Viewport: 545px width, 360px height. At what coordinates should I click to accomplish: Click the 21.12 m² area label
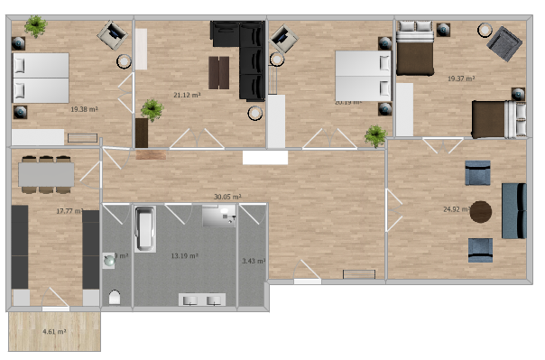[x=187, y=94]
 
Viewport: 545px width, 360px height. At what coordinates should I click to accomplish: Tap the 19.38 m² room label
[x=84, y=109]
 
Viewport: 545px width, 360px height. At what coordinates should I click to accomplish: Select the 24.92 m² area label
[x=457, y=209]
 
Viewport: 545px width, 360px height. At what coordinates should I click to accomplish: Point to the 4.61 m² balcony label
[x=55, y=332]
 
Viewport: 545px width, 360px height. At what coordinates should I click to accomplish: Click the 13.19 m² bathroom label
[x=185, y=256]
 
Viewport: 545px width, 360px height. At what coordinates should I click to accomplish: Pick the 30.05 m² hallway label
[x=226, y=197]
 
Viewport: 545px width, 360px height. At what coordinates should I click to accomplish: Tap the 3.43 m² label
[x=253, y=262]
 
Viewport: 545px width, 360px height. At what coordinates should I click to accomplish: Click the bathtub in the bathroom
[x=145, y=229]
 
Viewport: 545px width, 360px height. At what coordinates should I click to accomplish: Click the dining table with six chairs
[x=46, y=174]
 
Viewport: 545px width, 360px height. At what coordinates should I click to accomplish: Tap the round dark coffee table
[x=481, y=212]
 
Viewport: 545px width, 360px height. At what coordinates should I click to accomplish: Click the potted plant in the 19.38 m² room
[x=35, y=27]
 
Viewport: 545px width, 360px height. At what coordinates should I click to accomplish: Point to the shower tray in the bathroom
[x=218, y=215]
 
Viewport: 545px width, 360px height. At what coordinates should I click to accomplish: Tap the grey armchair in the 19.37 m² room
[x=503, y=42]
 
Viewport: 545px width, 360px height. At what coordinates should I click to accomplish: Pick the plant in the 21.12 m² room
[x=152, y=110]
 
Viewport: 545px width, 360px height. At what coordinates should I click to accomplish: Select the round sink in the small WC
[x=109, y=259]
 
